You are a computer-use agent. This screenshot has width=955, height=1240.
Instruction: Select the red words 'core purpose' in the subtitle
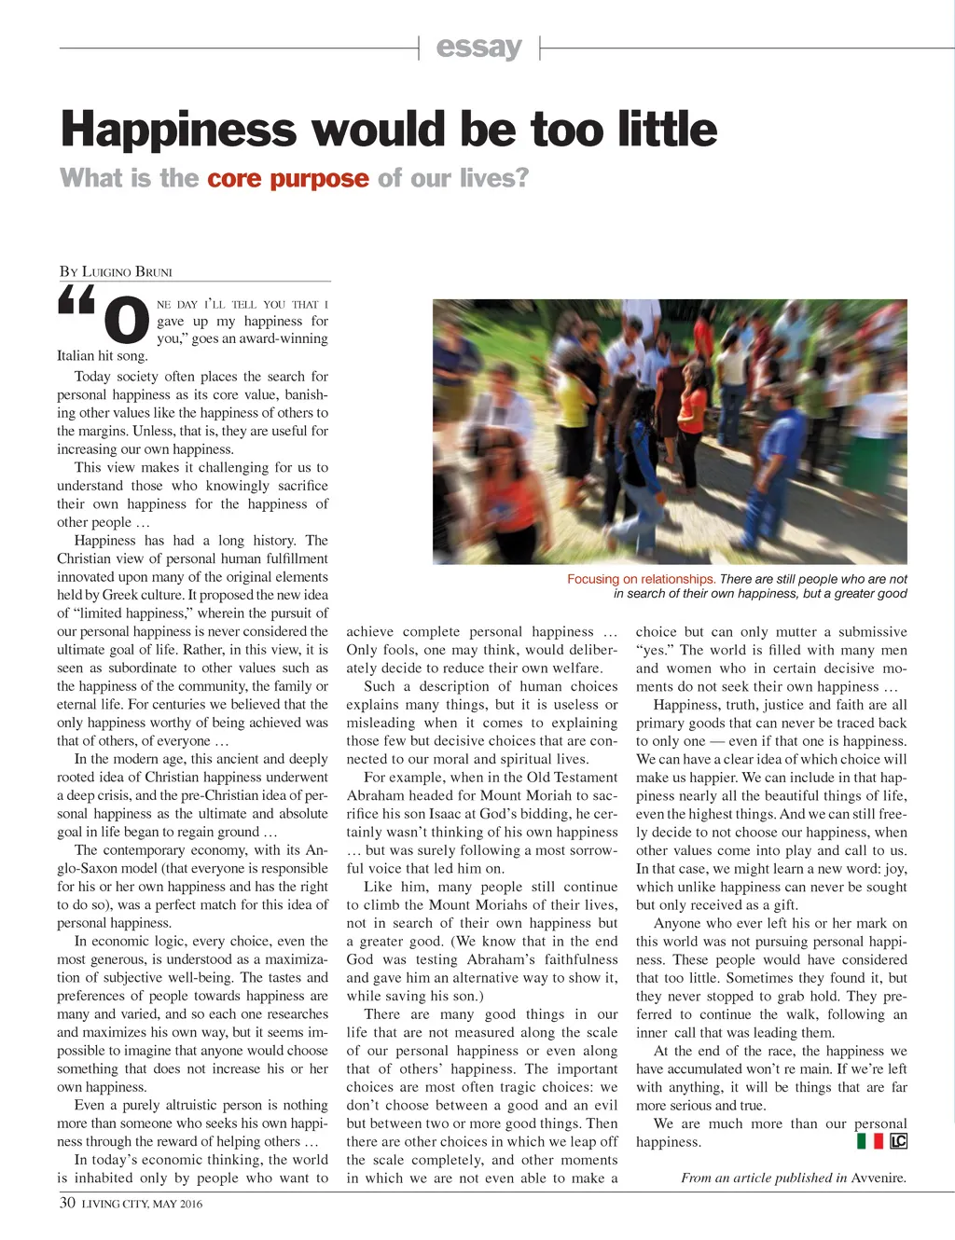coord(287,178)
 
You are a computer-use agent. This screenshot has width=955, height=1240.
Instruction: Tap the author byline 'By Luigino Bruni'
coord(116,272)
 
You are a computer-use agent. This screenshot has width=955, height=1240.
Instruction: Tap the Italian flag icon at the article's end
coord(869,1141)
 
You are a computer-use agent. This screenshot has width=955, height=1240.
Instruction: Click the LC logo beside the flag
coord(898,1141)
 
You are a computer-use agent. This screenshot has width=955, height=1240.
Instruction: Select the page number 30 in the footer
coord(67,1203)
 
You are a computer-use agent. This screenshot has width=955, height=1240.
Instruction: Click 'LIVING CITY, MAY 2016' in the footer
coord(142,1204)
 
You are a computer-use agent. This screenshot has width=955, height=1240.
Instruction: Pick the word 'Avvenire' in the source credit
coord(878,1178)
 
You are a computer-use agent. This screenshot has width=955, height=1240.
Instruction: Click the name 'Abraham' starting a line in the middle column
coord(374,795)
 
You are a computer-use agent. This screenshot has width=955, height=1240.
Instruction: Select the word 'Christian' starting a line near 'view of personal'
coord(84,558)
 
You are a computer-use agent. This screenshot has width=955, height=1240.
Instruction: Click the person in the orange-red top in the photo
coord(692,410)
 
